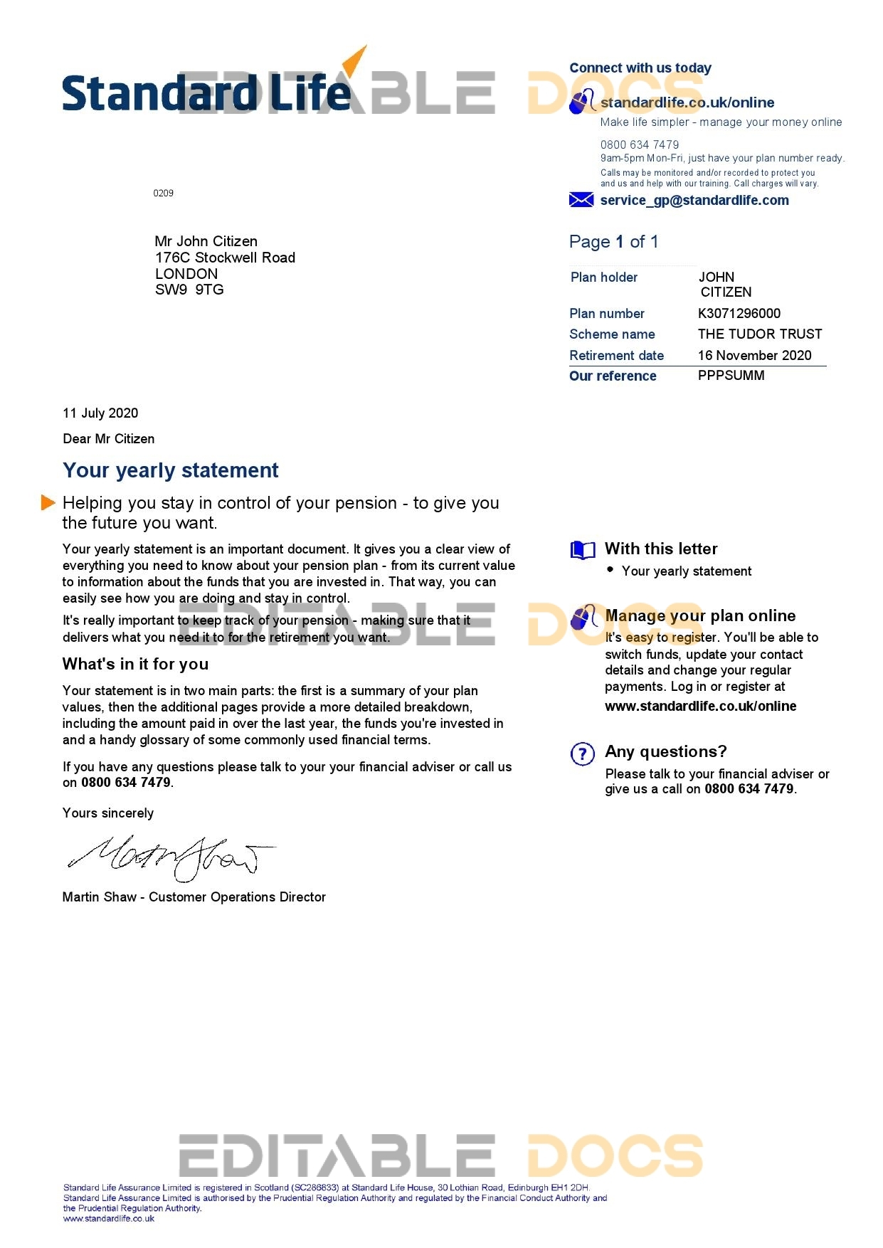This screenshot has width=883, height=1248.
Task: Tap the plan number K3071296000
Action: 739,313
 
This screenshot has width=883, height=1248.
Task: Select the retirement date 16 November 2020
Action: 754,355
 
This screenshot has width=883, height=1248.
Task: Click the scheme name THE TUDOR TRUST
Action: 759,334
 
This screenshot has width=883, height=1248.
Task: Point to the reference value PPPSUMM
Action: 731,375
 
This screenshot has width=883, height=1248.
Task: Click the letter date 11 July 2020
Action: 100,413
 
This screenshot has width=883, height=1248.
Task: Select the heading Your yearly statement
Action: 171,470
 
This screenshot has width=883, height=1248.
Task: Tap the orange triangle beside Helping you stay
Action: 48,502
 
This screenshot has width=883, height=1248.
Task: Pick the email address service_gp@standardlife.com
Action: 694,200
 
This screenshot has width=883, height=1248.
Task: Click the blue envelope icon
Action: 581,200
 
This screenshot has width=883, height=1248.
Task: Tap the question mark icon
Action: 582,753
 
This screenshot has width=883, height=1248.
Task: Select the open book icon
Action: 582,550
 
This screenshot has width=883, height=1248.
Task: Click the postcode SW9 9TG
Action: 189,289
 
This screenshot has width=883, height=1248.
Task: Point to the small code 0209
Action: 163,193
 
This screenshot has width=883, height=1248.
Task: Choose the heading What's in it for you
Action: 135,664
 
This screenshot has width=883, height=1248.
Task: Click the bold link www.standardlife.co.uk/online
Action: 700,706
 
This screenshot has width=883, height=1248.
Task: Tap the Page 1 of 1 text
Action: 613,242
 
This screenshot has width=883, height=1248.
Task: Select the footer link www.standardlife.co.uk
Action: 108,1218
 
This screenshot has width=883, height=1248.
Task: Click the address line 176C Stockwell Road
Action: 225,258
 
